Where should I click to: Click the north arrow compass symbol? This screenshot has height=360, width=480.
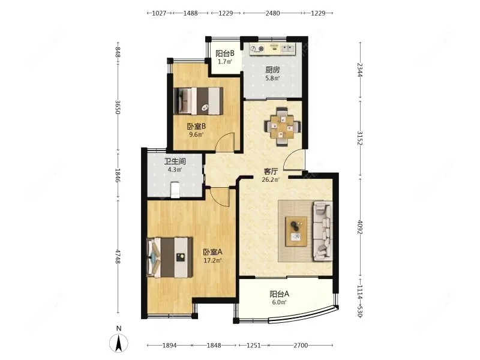tap(119, 343)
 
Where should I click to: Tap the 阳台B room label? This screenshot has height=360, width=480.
tap(225, 54)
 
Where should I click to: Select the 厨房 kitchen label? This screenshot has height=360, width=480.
tap(272, 70)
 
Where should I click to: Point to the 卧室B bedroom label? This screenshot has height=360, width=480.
tap(196, 126)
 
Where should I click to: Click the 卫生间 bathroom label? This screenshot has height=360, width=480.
tap(175, 161)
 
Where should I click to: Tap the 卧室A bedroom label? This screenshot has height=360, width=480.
tap(213, 252)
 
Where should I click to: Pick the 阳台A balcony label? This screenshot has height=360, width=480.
tap(280, 294)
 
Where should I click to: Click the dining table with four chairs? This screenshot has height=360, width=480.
tap(283, 127)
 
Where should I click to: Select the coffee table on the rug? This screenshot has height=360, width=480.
tap(296, 232)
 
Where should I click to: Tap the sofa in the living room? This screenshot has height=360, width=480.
tap(322, 231)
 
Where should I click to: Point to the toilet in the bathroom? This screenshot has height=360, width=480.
tap(175, 190)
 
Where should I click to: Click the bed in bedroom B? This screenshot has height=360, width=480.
tap(199, 101)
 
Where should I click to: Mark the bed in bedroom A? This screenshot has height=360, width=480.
tap(170, 258)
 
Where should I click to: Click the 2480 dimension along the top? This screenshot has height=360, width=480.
tap(272, 13)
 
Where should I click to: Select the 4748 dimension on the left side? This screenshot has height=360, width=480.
tap(118, 257)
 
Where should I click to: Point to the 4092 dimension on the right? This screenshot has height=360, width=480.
tap(360, 227)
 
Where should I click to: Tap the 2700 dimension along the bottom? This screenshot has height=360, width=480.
tap(301, 346)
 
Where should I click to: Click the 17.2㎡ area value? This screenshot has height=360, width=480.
tap(213, 260)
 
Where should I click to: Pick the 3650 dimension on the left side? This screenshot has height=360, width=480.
tap(118, 107)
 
